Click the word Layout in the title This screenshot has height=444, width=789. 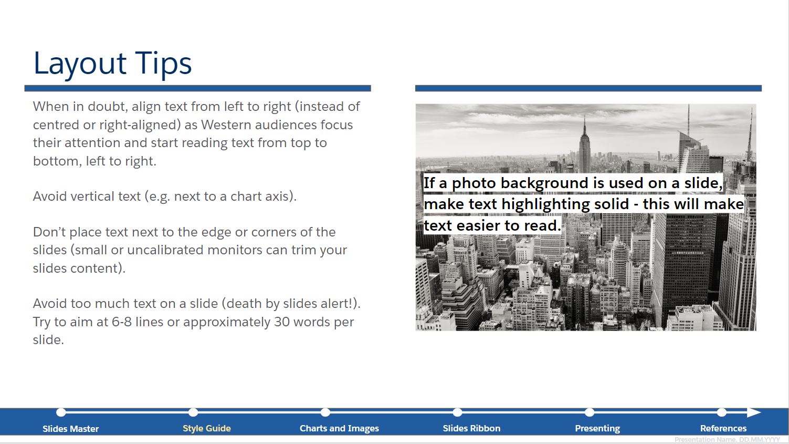(80, 64)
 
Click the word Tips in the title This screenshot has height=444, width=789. (163, 63)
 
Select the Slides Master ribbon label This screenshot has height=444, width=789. (70, 428)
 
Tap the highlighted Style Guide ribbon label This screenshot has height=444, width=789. (207, 428)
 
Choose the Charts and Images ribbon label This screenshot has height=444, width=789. (339, 428)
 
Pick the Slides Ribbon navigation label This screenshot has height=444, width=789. (471, 428)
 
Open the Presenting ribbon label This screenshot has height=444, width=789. (597, 428)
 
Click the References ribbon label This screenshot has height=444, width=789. (723, 428)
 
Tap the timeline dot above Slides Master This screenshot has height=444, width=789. (61, 412)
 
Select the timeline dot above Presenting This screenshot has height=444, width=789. (590, 412)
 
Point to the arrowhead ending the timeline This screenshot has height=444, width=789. (754, 412)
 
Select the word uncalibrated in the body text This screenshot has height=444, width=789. (167, 250)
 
